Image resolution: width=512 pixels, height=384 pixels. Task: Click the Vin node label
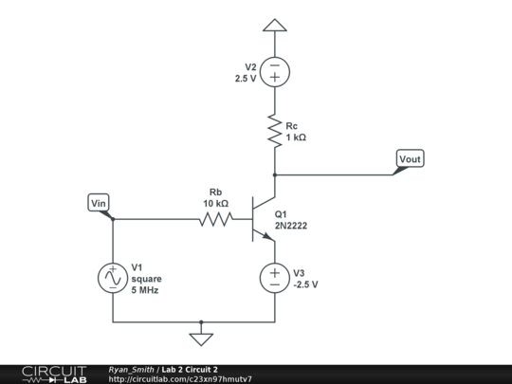(x=99, y=203)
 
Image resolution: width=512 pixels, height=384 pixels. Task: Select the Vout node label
(x=411, y=158)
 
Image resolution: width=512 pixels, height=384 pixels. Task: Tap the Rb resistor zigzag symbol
(x=216, y=219)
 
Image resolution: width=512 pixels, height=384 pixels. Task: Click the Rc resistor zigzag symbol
(x=275, y=131)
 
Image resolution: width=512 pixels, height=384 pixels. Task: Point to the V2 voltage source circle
(x=275, y=72)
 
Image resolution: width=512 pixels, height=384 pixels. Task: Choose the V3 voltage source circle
(x=275, y=278)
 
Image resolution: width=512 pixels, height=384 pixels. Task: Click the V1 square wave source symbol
(x=113, y=278)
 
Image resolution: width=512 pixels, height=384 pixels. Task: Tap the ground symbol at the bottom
(x=201, y=339)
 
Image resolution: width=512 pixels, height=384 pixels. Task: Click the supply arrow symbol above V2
(x=275, y=26)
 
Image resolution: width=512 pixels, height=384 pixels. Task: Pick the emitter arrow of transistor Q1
(x=268, y=236)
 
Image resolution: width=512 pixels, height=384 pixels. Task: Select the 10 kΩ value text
(x=216, y=204)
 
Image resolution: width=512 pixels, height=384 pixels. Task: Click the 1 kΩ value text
(x=296, y=137)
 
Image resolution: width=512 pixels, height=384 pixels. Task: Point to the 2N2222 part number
(x=291, y=226)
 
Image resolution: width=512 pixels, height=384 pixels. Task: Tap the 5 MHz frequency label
(x=145, y=290)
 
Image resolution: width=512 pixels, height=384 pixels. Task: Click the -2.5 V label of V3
(x=305, y=284)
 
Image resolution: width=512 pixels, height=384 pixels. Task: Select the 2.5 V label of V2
(x=246, y=79)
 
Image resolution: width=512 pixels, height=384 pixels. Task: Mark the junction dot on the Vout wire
(x=275, y=175)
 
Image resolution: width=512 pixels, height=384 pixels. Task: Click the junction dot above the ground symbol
(x=201, y=322)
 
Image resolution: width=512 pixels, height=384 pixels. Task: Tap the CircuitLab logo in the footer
(x=54, y=375)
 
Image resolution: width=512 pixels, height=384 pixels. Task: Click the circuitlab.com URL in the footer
(x=180, y=379)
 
